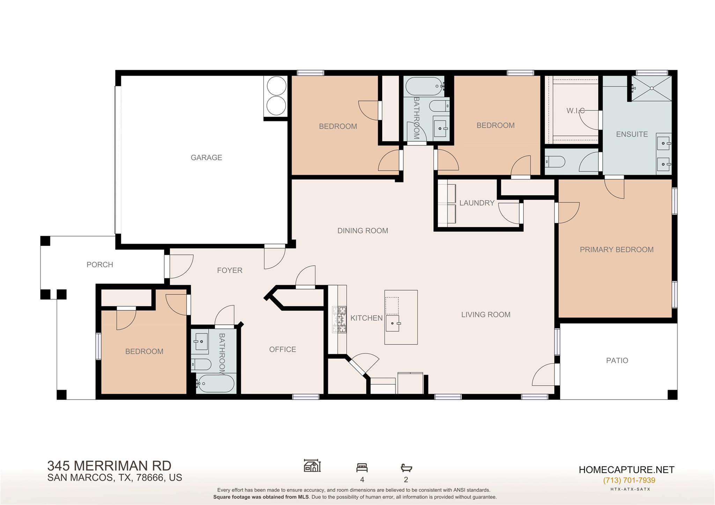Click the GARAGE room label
206,157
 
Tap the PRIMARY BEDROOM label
617,250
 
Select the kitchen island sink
393,324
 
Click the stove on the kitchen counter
339,319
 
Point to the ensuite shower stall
652,88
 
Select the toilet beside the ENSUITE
555,162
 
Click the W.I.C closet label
575,111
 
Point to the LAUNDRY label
477,203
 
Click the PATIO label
617,361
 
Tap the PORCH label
100,265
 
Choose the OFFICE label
282,349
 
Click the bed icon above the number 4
362,468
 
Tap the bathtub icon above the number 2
406,468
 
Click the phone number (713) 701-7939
629,480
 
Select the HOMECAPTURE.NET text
626,470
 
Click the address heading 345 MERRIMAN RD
109,466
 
